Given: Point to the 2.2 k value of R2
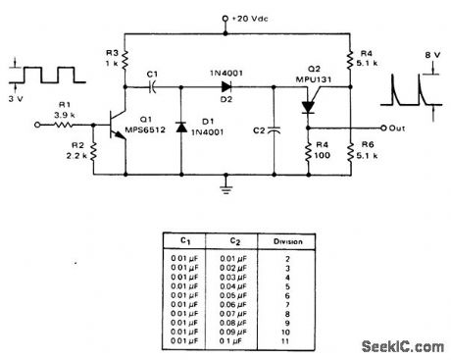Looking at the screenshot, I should click(x=73, y=154).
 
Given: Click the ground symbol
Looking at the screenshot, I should click(x=227, y=183).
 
